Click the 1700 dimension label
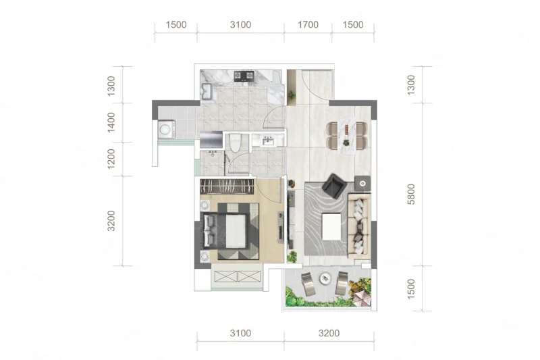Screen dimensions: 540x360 (x=308, y=25)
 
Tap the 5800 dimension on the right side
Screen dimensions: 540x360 (x=411, y=195)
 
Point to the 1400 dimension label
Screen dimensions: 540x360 (x=111, y=122)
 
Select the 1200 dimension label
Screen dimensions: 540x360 (x=111, y=159)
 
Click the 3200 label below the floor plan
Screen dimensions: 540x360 (x=329, y=333)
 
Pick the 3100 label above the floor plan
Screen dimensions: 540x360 (x=240, y=25)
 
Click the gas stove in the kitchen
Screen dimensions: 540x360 (x=244, y=76)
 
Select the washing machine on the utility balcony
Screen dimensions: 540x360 (x=167, y=129)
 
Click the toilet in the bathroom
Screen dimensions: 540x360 (x=236, y=143)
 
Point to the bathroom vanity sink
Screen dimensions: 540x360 (x=267, y=141)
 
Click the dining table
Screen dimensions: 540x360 (x=347, y=135)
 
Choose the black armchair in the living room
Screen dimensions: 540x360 (x=334, y=186)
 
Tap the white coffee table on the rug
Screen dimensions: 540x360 (x=331, y=227)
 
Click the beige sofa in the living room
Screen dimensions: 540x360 (x=359, y=226)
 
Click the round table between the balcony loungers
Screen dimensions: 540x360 (x=325, y=278)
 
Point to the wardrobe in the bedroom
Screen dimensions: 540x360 (x=227, y=186)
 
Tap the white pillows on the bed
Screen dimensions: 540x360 (x=209, y=230)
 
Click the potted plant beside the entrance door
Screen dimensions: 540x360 (x=292, y=95)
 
